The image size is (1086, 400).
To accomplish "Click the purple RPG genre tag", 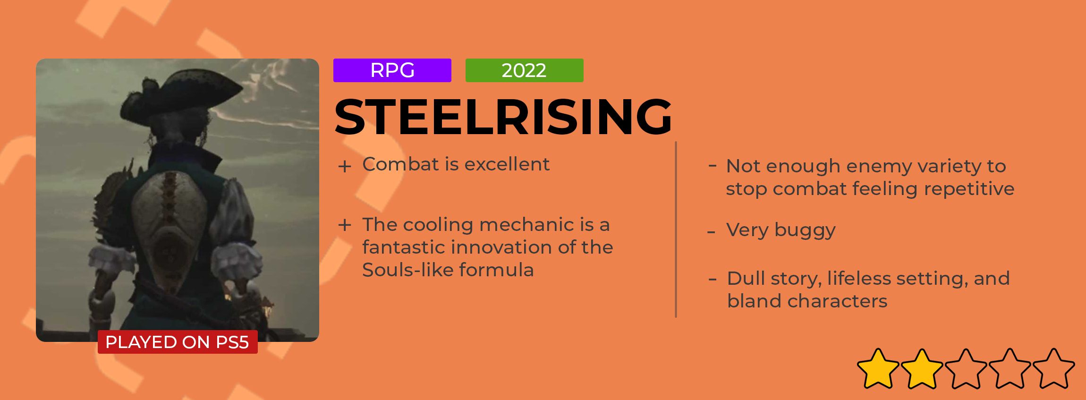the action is (392, 70).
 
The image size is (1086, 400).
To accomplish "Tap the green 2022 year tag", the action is (524, 70).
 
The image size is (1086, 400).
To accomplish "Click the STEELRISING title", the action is (503, 117).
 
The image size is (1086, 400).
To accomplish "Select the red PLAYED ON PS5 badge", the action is (178, 342).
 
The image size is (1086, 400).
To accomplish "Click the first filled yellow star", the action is (878, 369).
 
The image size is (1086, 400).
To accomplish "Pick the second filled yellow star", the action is (922, 369).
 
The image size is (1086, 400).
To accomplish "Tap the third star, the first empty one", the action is (966, 369).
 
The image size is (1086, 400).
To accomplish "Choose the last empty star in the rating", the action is (1054, 369).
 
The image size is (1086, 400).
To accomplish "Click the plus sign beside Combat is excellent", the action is (345, 166).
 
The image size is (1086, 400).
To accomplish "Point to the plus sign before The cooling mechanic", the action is (345, 225).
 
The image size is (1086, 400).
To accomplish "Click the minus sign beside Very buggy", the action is (712, 232).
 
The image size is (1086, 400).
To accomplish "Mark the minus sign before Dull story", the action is (713, 279).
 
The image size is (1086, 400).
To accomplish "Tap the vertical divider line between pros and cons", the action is (676, 230).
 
